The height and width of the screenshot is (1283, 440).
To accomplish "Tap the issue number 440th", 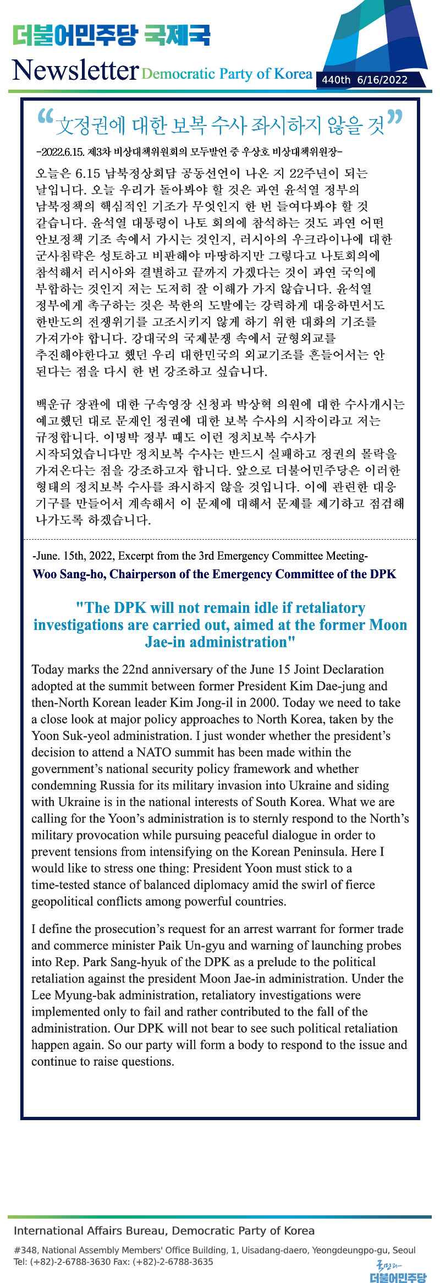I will [336, 80].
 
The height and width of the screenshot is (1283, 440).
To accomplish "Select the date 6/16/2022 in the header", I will [382, 80].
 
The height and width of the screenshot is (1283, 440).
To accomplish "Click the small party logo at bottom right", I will [398, 1271].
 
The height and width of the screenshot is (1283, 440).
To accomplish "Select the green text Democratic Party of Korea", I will [227, 74].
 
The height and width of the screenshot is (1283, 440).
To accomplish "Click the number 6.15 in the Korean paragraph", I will [87, 174].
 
